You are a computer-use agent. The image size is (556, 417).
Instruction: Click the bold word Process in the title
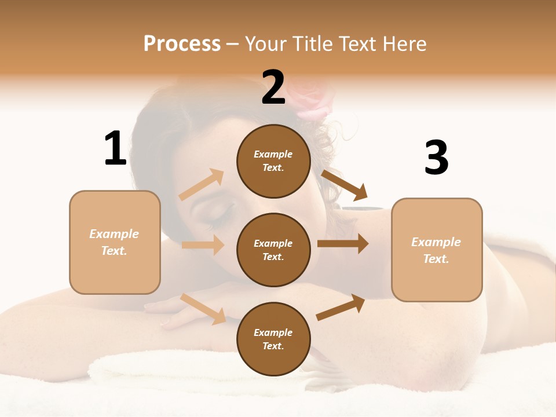click(182, 43)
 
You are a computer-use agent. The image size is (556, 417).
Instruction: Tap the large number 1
click(115, 148)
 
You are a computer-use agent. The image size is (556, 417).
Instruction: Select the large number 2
click(273, 87)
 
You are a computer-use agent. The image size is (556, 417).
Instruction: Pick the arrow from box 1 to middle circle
click(203, 245)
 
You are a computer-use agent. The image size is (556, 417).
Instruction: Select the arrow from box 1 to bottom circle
click(203, 309)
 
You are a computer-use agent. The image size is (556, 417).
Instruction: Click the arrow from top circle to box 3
click(345, 185)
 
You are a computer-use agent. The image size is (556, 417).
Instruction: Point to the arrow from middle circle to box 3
click(343, 244)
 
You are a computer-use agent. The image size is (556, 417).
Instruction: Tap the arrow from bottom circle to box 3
click(341, 308)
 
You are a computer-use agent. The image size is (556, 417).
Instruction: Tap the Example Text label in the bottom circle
click(273, 339)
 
